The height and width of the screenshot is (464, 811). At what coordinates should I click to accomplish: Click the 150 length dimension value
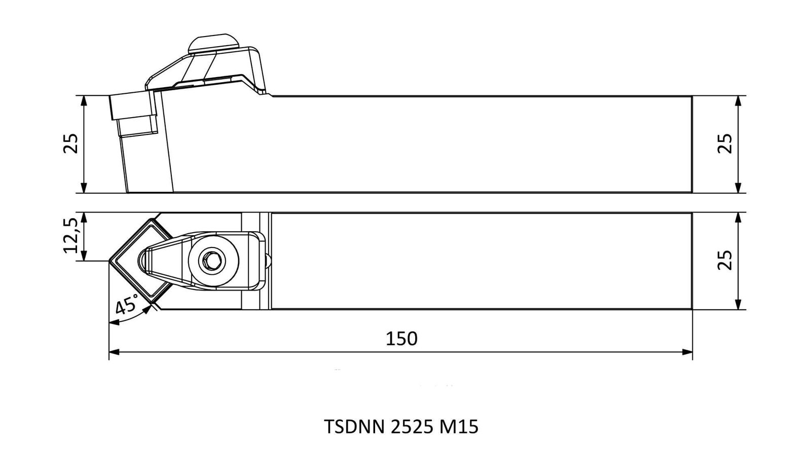(x=401, y=339)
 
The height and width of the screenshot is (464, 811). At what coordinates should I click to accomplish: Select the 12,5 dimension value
(x=70, y=235)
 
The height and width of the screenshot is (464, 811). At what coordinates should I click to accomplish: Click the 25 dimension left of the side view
(x=70, y=144)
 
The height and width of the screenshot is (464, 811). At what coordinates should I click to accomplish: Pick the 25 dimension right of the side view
(x=725, y=144)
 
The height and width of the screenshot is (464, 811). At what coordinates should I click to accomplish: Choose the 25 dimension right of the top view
(x=725, y=260)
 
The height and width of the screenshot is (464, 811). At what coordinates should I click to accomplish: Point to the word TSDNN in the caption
(x=354, y=426)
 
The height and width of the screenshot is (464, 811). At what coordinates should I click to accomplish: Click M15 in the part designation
(x=459, y=426)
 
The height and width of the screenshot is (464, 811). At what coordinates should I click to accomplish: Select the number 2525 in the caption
(x=412, y=426)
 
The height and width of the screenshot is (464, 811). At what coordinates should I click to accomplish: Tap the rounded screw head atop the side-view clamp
(x=213, y=44)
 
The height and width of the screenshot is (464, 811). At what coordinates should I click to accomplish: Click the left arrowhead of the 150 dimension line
(x=114, y=352)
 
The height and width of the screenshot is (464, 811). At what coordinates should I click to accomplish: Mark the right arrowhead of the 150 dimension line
(x=687, y=352)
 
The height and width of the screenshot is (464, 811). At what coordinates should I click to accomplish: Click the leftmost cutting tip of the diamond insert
(x=109, y=261)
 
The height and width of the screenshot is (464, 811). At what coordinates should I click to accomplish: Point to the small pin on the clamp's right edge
(x=268, y=261)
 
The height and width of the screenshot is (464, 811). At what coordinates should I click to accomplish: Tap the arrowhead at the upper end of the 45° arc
(x=148, y=309)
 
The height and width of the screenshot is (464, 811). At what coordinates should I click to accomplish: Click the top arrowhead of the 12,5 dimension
(x=84, y=218)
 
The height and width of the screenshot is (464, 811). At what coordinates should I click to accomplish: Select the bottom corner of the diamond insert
(x=152, y=304)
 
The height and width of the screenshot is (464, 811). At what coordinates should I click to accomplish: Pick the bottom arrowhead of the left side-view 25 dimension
(x=84, y=188)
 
